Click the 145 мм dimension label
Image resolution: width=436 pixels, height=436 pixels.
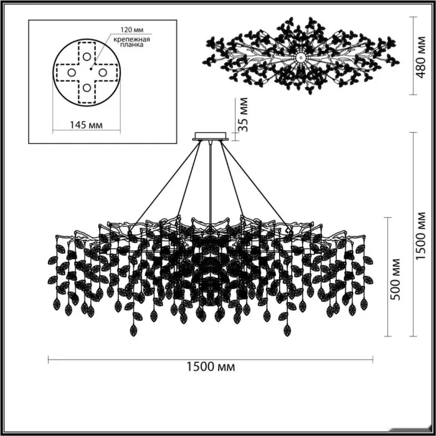click(86, 125)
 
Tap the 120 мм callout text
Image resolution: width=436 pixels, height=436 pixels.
click(132, 30)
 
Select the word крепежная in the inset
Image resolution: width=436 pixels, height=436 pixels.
click(132, 39)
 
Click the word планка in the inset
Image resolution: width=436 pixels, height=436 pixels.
click(132, 44)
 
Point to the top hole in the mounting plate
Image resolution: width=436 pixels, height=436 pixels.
click(87, 57)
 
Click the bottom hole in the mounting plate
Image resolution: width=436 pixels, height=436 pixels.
click(87, 88)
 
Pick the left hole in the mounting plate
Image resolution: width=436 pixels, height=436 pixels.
click(72, 73)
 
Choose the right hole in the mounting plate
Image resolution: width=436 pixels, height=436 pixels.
click(103, 73)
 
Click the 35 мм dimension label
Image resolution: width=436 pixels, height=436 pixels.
click(243, 114)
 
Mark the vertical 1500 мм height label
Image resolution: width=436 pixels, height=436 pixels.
click(421, 236)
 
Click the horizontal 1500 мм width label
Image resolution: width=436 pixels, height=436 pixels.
click(211, 367)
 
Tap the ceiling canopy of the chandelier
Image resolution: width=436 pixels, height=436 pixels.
click(211, 136)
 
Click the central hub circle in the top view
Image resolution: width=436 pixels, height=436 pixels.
click(301, 57)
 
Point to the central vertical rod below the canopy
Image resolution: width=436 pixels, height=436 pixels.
click(211, 184)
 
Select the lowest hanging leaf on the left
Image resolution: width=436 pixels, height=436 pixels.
click(134, 330)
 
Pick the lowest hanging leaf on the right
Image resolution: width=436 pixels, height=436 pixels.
click(287, 330)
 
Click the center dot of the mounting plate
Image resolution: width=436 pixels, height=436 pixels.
click(91, 69)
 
